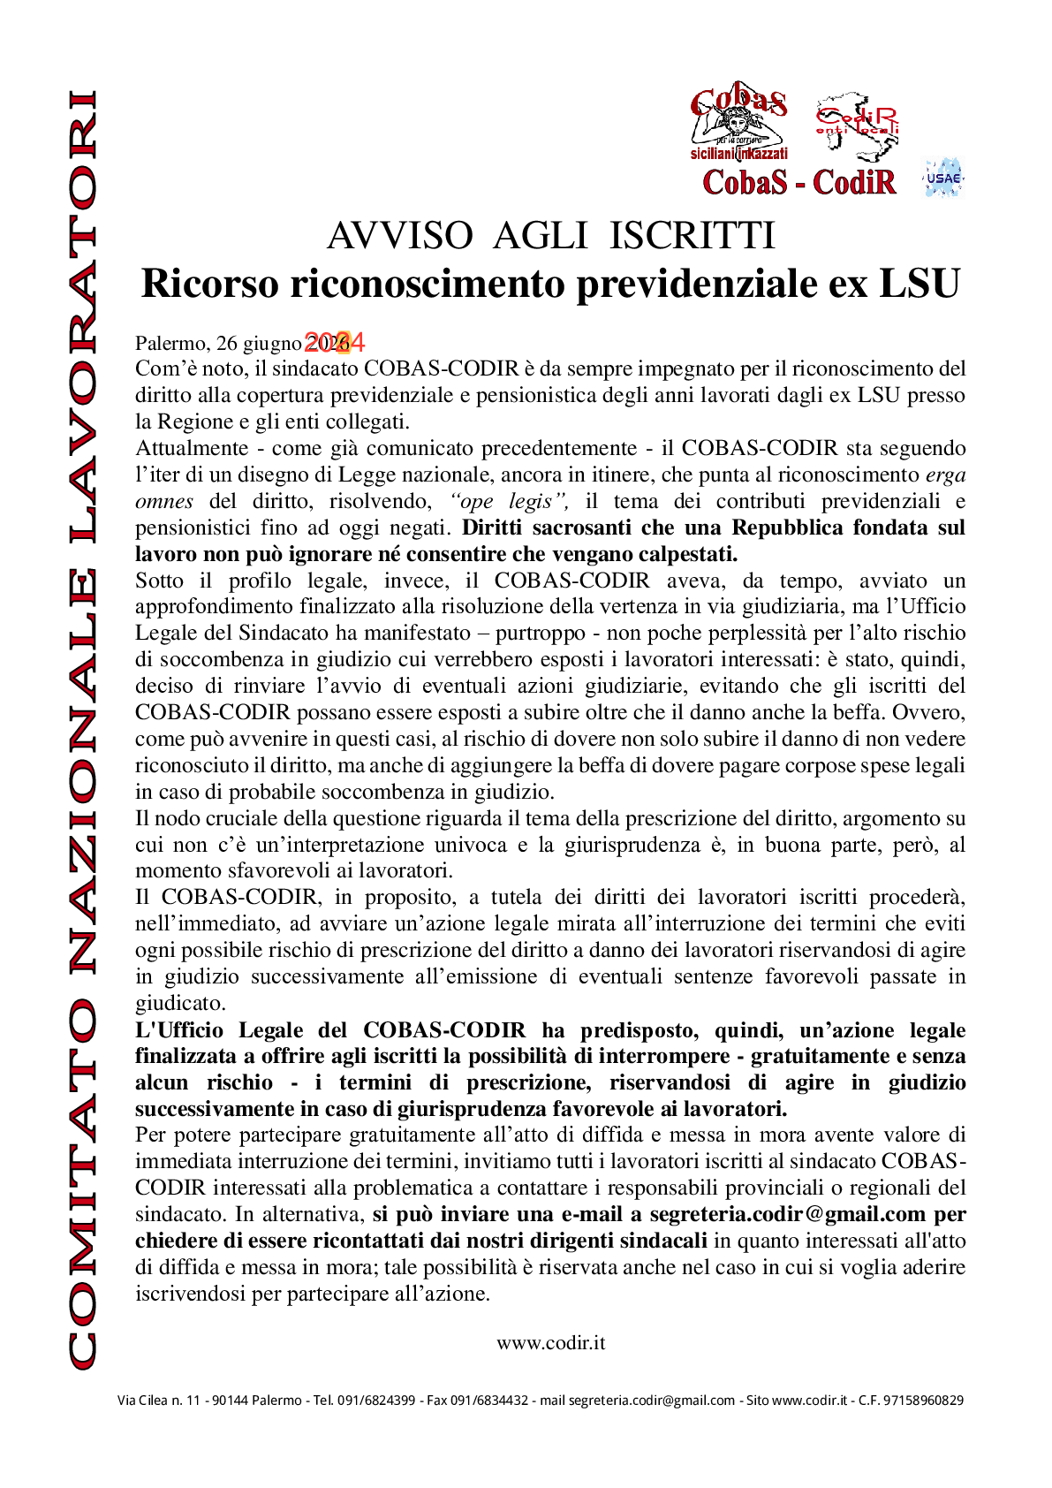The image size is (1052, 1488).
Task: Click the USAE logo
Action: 942,178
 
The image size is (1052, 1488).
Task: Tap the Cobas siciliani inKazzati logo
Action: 738,125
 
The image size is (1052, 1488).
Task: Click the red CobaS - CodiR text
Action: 798,182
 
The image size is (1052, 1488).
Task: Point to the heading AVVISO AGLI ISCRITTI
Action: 550,236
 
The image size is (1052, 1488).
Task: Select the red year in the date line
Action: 335,342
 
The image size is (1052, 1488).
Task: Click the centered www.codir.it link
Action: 550,1342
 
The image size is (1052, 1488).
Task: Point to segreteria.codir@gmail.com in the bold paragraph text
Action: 787,1214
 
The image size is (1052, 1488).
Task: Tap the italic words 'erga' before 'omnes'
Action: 945,474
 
